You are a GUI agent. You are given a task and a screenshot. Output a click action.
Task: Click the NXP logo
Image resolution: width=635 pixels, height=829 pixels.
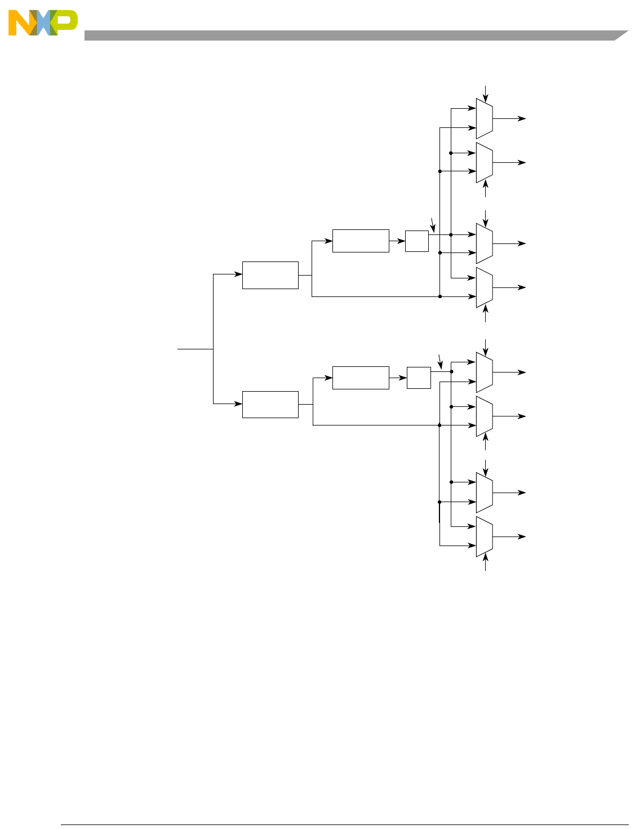43,23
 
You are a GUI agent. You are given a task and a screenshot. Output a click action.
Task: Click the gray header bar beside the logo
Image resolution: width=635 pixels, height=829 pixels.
349,36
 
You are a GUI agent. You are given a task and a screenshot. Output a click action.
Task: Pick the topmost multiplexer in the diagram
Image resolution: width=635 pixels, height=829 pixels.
484,119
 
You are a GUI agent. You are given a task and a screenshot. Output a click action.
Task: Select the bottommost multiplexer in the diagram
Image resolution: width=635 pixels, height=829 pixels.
484,537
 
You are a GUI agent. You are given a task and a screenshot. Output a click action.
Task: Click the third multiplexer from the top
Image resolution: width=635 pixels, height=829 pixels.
484,243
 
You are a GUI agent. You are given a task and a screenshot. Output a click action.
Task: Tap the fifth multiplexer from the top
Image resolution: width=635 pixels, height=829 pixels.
484,373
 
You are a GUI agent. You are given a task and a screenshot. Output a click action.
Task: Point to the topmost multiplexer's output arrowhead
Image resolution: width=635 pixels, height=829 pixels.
523,119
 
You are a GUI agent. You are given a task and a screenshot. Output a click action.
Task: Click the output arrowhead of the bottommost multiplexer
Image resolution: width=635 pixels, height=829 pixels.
523,537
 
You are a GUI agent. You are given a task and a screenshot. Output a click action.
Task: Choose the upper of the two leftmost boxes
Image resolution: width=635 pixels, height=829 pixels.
270,275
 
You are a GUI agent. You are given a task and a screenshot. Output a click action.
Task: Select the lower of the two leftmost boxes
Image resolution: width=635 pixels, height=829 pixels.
270,404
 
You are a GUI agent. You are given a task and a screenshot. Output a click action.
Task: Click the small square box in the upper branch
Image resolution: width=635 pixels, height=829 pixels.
416,241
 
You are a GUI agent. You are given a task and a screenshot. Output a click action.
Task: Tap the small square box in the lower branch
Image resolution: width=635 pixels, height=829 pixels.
419,378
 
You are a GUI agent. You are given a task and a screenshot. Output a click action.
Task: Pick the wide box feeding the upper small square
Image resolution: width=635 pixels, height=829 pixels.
361,241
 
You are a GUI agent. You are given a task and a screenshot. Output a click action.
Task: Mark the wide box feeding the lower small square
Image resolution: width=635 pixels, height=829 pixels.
361,378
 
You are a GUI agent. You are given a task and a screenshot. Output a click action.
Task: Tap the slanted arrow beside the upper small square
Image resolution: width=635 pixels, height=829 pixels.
432,225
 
